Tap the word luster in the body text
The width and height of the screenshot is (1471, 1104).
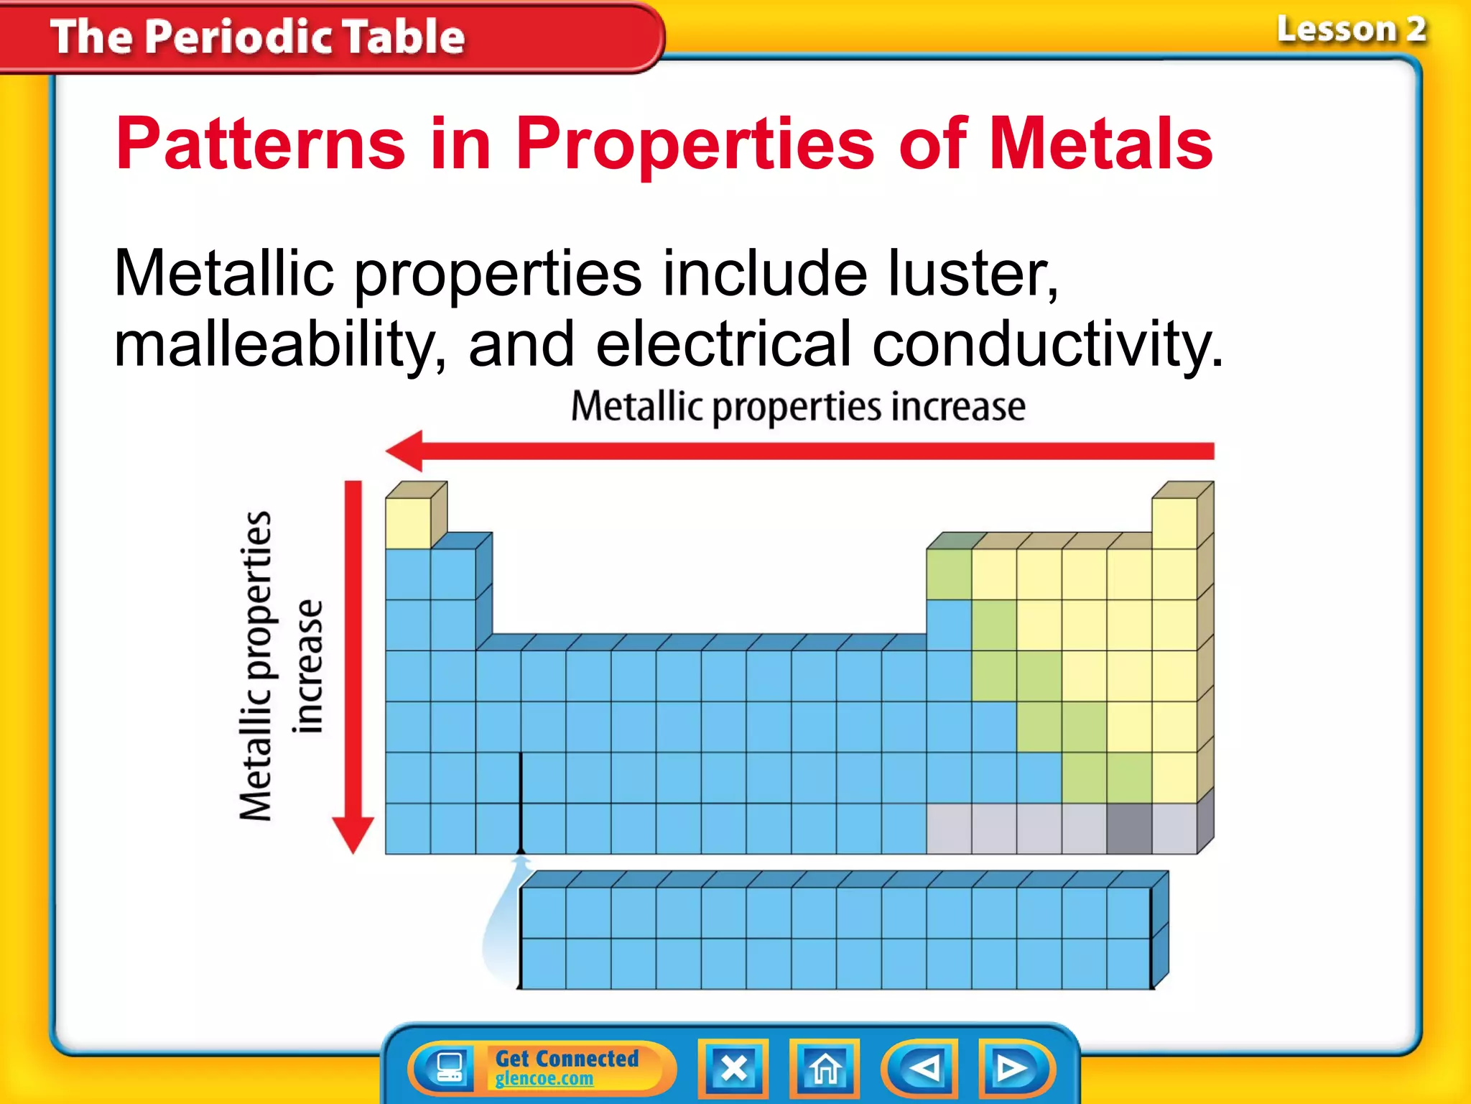(x=973, y=273)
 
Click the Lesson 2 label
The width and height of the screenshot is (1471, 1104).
(x=1350, y=30)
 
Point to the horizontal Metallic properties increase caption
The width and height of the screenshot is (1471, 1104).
(x=797, y=407)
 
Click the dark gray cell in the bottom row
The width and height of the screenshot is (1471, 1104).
(x=1129, y=829)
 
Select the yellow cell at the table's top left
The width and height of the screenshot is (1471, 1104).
(x=408, y=523)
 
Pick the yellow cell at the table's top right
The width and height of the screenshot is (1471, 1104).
(x=1174, y=523)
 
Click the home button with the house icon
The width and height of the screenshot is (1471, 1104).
(x=825, y=1068)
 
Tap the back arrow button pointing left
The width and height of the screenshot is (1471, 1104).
(x=922, y=1068)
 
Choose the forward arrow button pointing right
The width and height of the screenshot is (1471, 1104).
(x=1013, y=1068)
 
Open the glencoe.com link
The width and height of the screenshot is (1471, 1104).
(x=544, y=1079)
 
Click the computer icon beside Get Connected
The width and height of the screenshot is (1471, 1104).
(x=450, y=1068)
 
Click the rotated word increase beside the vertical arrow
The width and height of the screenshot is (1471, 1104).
(x=309, y=667)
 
